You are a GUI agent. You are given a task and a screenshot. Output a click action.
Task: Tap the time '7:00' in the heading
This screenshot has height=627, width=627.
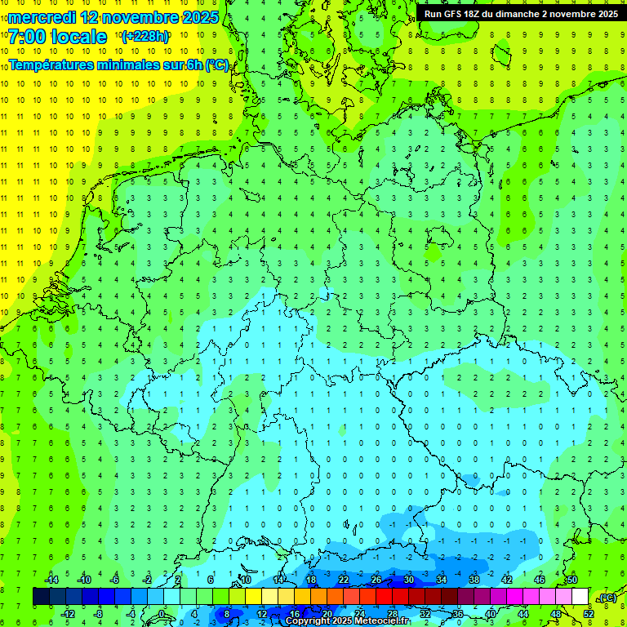(x=27, y=37)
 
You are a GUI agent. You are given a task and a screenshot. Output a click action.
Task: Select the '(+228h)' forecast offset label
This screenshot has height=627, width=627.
(x=145, y=37)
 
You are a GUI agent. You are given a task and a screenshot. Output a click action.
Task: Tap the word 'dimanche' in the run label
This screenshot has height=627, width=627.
(x=517, y=14)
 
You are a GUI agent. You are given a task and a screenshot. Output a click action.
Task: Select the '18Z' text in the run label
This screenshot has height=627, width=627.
(x=481, y=14)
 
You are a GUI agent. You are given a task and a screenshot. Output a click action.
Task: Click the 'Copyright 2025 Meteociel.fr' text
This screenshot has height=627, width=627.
(x=347, y=621)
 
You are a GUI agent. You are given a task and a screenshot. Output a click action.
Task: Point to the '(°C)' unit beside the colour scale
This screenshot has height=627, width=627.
(x=607, y=598)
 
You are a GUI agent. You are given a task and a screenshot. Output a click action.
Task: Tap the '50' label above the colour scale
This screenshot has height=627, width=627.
(x=571, y=580)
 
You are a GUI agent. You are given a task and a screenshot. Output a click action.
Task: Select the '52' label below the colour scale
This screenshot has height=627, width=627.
(x=589, y=614)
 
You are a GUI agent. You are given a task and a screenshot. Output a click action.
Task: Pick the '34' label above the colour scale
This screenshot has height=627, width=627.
(x=442, y=580)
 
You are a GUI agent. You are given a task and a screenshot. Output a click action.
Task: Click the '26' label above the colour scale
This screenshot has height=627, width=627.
(x=376, y=580)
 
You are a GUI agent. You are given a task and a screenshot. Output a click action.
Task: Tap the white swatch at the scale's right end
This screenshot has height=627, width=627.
(x=580, y=597)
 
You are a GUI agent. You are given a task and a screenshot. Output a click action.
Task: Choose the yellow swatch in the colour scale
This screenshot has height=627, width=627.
(x=269, y=597)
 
